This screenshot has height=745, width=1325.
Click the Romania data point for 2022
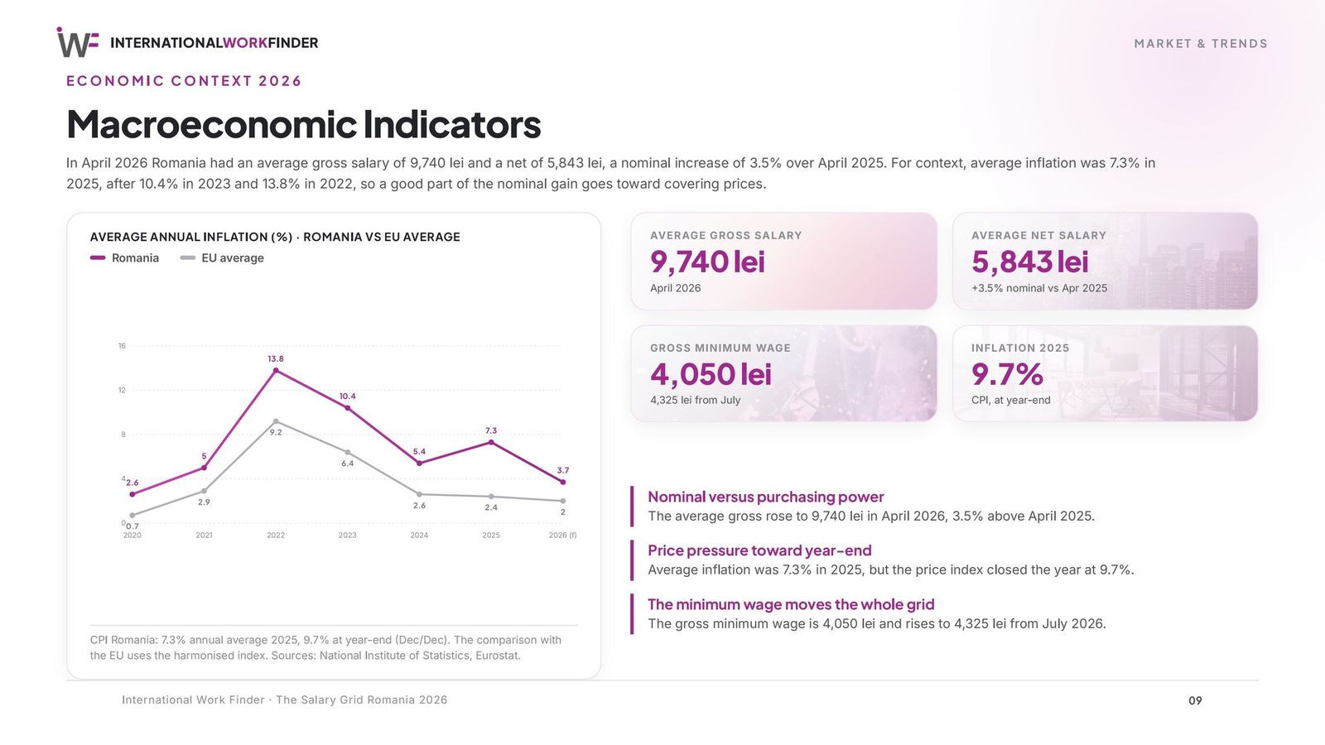tap(276, 371)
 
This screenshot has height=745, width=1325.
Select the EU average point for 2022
tap(276, 421)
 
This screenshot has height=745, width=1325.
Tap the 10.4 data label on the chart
tap(347, 397)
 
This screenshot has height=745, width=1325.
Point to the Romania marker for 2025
tap(491, 442)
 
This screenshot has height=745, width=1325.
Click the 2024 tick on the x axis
tap(419, 535)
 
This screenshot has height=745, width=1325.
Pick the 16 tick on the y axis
tap(122, 346)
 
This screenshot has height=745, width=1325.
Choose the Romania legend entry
tap(124, 257)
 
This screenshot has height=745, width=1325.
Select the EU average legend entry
tap(222, 257)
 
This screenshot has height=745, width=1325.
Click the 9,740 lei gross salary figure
tap(707, 262)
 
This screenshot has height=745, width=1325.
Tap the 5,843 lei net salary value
tap(1030, 262)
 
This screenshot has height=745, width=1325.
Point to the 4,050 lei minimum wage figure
tap(711, 374)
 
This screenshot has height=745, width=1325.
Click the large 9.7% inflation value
tap(1007, 374)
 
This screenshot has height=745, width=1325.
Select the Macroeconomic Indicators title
tap(303, 124)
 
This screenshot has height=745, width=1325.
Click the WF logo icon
tap(78, 42)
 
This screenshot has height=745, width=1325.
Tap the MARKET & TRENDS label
tap(1201, 44)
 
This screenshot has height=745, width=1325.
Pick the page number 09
tap(1195, 700)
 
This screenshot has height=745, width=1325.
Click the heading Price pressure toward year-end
tap(759, 550)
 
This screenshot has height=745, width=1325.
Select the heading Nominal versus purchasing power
tap(765, 497)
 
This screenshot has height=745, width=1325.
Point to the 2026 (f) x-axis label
tap(562, 535)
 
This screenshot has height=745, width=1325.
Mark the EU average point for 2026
tap(562, 501)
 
